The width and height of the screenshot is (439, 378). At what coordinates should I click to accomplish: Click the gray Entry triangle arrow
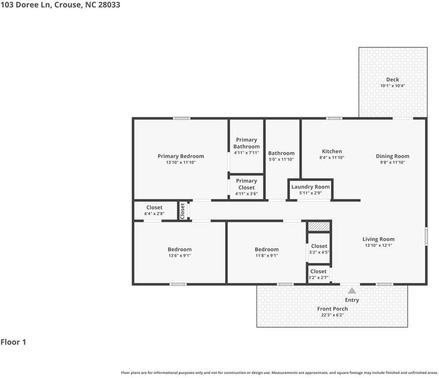tap(352, 291)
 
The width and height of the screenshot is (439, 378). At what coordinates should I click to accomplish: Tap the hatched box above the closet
tap(319, 227)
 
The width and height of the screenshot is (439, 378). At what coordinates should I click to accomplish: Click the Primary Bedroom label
tap(181, 156)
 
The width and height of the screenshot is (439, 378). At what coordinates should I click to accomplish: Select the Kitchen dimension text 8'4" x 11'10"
tap(332, 158)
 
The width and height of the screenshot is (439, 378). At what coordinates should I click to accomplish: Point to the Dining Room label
tap(393, 156)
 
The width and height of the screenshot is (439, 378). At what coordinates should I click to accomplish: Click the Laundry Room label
tap(311, 187)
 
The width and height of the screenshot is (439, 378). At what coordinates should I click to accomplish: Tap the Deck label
tap(393, 80)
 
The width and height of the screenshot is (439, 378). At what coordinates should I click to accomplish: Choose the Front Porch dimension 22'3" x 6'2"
tap(332, 315)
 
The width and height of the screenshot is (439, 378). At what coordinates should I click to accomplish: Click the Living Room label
tap(378, 239)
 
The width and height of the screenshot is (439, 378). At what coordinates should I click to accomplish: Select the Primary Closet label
tap(247, 184)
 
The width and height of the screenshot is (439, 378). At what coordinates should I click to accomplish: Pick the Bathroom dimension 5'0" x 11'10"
tap(281, 160)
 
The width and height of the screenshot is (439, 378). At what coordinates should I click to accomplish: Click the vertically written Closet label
tap(183, 211)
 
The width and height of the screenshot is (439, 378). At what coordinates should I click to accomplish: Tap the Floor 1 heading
tap(13, 342)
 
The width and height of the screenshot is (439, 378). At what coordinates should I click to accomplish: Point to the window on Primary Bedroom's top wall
tap(181, 118)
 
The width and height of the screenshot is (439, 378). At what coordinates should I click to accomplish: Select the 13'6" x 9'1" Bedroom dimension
tap(180, 255)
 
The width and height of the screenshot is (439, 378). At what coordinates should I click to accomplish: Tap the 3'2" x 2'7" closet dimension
tap(318, 277)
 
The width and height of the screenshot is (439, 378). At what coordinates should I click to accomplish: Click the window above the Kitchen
tap(334, 118)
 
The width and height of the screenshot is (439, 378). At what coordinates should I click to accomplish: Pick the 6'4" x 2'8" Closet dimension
tap(154, 214)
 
